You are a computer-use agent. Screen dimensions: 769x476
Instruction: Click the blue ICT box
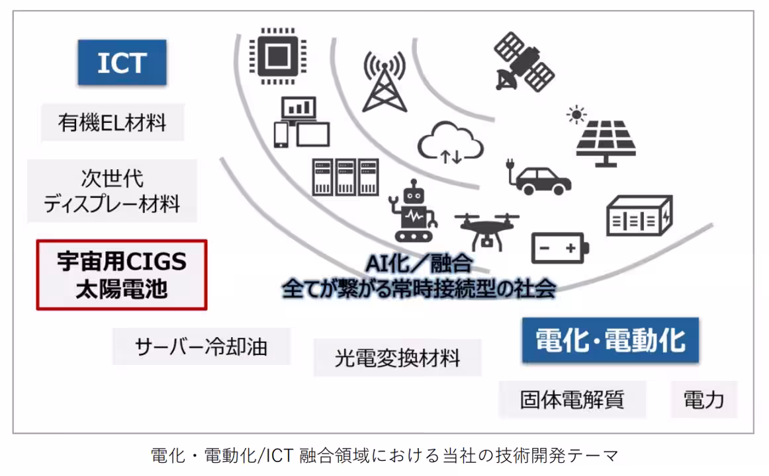pyautogui.click(x=122, y=62)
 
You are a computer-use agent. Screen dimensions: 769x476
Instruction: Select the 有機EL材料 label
pyautogui.click(x=113, y=122)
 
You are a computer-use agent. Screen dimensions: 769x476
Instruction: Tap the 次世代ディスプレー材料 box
pyautogui.click(x=113, y=191)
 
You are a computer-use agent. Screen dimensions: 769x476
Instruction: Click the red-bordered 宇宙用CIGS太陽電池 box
pyautogui.click(x=122, y=275)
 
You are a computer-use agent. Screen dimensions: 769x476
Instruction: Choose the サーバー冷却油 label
pyautogui.click(x=201, y=346)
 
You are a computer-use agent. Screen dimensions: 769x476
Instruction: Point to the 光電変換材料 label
pyautogui.click(x=397, y=358)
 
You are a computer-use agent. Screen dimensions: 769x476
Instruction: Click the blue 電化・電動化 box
pyautogui.click(x=610, y=340)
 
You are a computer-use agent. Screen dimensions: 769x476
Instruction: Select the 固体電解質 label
pyautogui.click(x=572, y=399)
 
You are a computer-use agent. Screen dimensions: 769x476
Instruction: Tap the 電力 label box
pyautogui.click(x=703, y=399)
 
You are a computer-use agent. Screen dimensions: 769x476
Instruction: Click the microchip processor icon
pyautogui.click(x=278, y=56)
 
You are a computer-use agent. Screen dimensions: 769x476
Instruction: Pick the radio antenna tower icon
pyautogui.click(x=384, y=81)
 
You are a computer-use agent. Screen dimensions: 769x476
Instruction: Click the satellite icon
pyautogui.click(x=523, y=61)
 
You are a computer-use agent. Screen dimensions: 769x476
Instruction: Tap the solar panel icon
pyautogui.click(x=602, y=137)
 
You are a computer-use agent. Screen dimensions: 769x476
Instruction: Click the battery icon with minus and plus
pyautogui.click(x=560, y=248)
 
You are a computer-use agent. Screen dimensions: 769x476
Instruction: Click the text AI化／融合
pyautogui.click(x=420, y=264)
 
